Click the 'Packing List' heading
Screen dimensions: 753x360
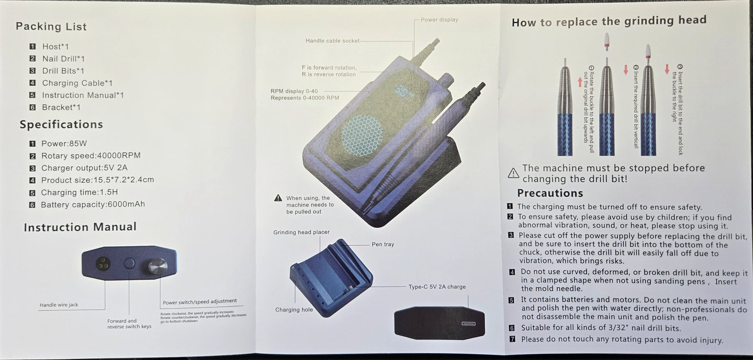coord(51,26)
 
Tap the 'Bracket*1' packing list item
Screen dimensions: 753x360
coord(61,107)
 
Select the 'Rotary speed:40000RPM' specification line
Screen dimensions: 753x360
coord(91,156)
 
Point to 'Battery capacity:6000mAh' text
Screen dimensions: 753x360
coord(93,204)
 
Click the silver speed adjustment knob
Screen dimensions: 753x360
coord(158,266)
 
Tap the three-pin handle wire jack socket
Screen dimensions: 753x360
coord(103,264)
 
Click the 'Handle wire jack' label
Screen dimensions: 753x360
coord(59,305)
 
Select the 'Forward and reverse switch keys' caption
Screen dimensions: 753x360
coord(129,324)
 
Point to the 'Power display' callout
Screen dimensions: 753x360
coord(439,20)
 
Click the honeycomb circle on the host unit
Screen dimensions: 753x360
coord(362,135)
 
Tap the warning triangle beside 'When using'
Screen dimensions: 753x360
coord(278,198)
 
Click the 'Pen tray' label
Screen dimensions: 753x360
coord(383,244)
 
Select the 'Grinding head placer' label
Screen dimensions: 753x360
coord(301,232)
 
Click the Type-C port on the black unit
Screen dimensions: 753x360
coord(468,324)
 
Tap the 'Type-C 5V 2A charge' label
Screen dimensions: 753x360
coord(437,287)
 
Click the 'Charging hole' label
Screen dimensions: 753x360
coord(294,310)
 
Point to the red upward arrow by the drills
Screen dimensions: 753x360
coord(580,82)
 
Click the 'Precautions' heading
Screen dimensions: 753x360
coord(550,193)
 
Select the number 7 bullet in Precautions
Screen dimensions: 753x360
coord(512,339)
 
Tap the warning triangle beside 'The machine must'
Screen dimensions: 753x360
coord(513,173)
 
